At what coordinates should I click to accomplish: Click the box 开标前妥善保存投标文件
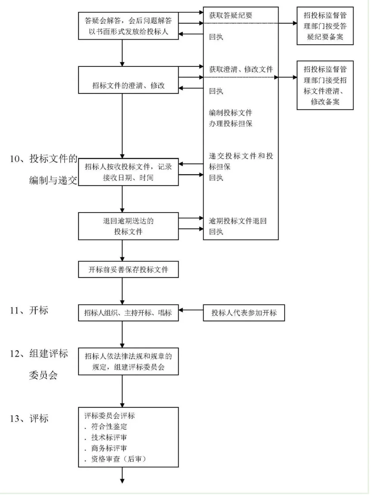(128, 269)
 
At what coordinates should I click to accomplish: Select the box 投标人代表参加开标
(244, 313)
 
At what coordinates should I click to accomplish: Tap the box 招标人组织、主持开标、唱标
(128, 313)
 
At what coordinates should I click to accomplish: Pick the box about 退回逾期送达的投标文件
(128, 226)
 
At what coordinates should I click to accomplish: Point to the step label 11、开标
(29, 310)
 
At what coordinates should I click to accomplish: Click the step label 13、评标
(29, 418)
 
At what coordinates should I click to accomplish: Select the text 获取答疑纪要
(230, 15)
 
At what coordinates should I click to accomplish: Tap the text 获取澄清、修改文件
(241, 69)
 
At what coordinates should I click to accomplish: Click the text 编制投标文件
(230, 113)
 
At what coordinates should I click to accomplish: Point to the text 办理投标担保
(230, 124)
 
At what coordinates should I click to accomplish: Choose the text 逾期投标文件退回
(237, 221)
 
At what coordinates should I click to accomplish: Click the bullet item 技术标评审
(109, 437)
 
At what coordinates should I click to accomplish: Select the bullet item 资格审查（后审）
(118, 459)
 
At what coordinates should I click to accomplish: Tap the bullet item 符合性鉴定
(109, 426)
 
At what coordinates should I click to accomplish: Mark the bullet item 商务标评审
(109, 448)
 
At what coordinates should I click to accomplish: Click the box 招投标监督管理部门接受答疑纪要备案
(325, 26)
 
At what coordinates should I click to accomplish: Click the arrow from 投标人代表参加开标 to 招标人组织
(191, 310)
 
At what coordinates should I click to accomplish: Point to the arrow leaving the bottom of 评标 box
(122, 475)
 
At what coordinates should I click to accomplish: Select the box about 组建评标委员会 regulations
(128, 361)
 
